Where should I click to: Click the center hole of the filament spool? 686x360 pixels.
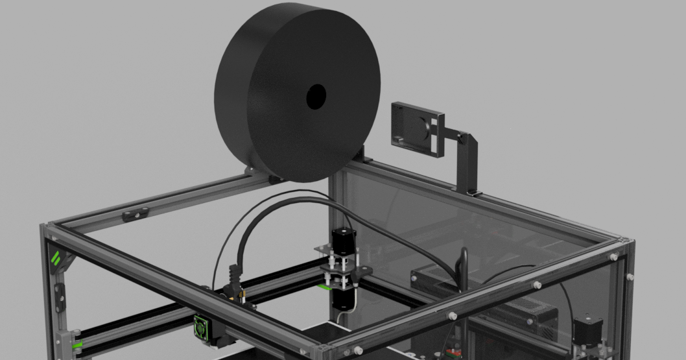[x=316, y=96]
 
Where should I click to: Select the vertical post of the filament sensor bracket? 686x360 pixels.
[x=467, y=166]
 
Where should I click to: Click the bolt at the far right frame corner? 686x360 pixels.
[x=629, y=277]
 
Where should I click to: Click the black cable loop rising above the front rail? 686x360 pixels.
[x=462, y=266]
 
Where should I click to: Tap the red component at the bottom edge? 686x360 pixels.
[x=447, y=354]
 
